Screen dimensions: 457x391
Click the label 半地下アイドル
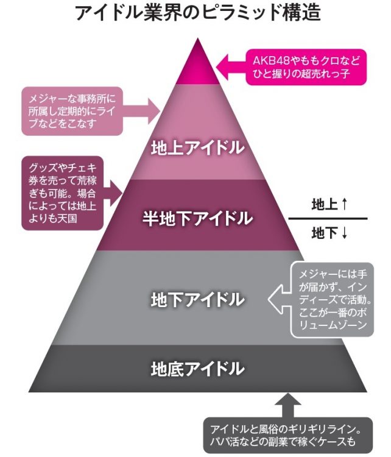197,218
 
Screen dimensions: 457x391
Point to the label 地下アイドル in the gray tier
197,299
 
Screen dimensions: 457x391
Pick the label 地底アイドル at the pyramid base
197,368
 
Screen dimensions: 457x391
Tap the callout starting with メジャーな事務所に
72,111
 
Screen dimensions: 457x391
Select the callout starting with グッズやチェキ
62,193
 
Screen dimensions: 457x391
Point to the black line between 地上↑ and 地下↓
328,218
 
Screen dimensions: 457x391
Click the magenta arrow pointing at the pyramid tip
232,63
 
